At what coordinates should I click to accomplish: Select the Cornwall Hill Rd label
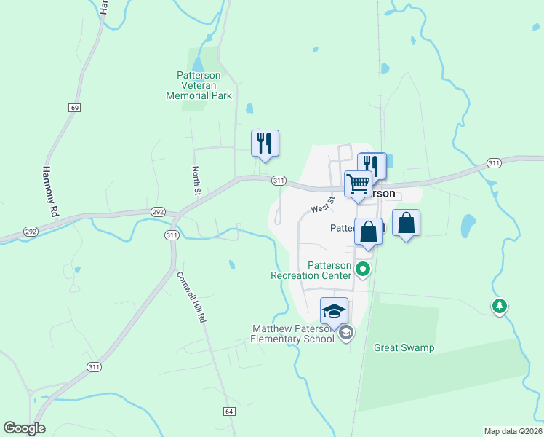point(192,302)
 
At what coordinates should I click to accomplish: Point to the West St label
point(322,204)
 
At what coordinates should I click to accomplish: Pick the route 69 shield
point(74,107)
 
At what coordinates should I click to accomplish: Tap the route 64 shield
point(229,412)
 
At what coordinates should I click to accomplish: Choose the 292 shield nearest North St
point(157,212)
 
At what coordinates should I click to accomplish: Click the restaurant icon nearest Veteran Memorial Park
point(265,143)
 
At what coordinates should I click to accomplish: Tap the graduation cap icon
point(334,310)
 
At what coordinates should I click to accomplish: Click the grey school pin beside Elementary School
point(346,333)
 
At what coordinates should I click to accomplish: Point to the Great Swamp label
point(404,347)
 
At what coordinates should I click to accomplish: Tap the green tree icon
point(499,306)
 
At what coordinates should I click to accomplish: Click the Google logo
point(24,428)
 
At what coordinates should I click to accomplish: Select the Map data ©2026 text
point(513,430)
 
